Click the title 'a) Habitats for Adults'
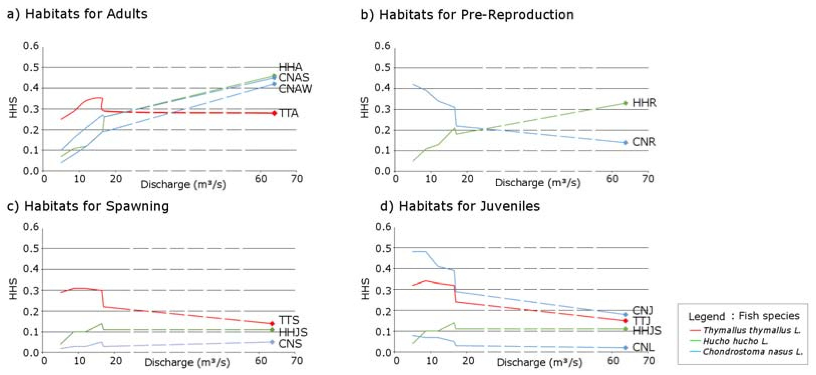pyautogui.click(x=77, y=14)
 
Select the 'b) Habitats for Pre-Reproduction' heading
pyautogui.click(x=467, y=15)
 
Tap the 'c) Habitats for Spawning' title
pyautogui.click(x=88, y=207)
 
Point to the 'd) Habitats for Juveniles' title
pyautogui.click(x=460, y=207)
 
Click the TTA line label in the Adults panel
pyautogui.click(x=288, y=113)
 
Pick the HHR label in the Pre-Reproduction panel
pyautogui.click(x=644, y=103)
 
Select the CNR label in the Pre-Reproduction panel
pyautogui.click(x=644, y=142)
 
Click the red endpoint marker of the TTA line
pyautogui.click(x=274, y=113)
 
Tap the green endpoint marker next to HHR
pyautogui.click(x=626, y=103)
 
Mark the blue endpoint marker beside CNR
pyautogui.click(x=626, y=143)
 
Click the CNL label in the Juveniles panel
pyautogui.click(x=643, y=347)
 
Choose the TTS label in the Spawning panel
pyautogui.click(x=289, y=320)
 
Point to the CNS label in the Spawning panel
pyautogui.click(x=290, y=344)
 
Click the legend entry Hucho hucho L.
pyautogui.click(x=735, y=341)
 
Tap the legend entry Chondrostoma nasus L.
pyautogui.click(x=753, y=351)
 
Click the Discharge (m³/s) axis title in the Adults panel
pyautogui.click(x=183, y=185)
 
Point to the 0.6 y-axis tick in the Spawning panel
pyautogui.click(x=31, y=227)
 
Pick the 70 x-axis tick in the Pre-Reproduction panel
pyautogui.click(x=648, y=179)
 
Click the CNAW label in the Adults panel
pyautogui.click(x=295, y=89)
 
